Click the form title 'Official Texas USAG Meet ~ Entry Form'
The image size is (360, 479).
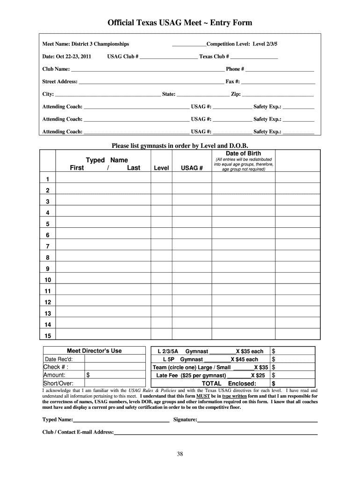pyautogui.click(x=180, y=22)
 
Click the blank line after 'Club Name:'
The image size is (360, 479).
pyautogui.click(x=147, y=70)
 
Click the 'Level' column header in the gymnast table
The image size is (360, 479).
pyautogui.click(x=161, y=168)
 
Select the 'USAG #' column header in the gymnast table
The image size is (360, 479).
pyautogui.click(x=192, y=168)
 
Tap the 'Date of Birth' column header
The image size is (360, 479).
pyautogui.click(x=243, y=153)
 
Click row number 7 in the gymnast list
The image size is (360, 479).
pyautogui.click(x=47, y=246)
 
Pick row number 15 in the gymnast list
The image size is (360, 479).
pyautogui.click(x=47, y=336)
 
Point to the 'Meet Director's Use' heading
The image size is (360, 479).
pyautogui.click(x=94, y=351)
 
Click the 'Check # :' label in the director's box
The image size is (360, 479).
pyautogui.click(x=56, y=367)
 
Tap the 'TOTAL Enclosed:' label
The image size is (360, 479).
pyautogui.click(x=229, y=384)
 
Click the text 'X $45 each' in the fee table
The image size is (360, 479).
pyautogui.click(x=244, y=359)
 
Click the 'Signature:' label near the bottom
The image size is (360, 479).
pyautogui.click(x=185, y=420)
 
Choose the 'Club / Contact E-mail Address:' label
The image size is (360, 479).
pyautogui.click(x=78, y=432)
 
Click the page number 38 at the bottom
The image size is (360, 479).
pyautogui.click(x=180, y=454)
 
